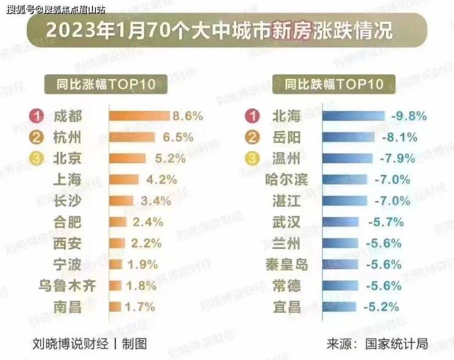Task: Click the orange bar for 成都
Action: (139, 116)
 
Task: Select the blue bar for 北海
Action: (353, 116)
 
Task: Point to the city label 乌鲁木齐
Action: (68, 286)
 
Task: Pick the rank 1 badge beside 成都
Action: (36, 116)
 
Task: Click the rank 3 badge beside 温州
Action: (251, 158)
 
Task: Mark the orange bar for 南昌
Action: (115, 307)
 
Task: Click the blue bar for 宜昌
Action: (339, 307)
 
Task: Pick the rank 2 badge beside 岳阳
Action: (251, 137)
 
